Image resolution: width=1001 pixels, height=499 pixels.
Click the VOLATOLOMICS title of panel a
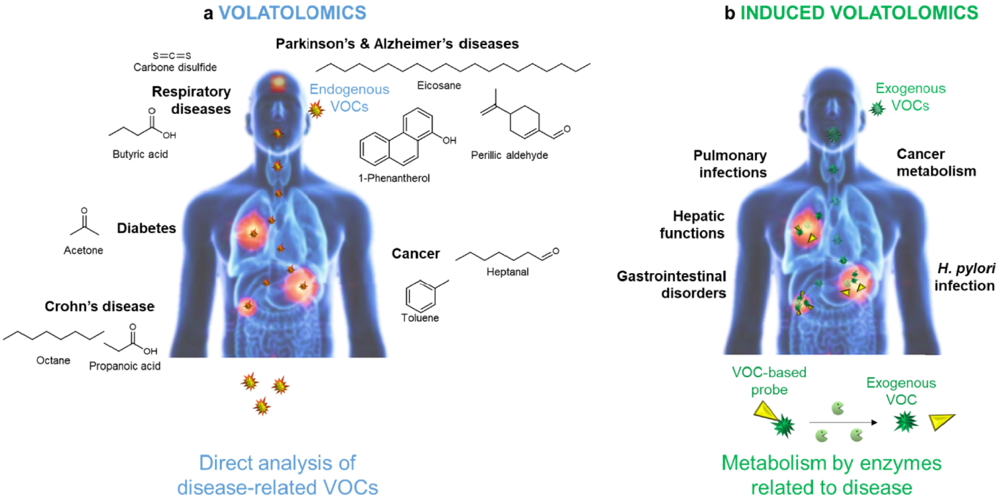(x=292, y=13)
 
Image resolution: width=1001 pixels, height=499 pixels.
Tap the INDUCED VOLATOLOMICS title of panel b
(x=859, y=13)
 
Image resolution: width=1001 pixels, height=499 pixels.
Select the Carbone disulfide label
(x=175, y=67)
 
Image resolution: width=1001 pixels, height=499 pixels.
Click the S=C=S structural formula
(x=172, y=55)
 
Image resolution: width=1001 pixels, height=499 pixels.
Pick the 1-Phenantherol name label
(x=394, y=178)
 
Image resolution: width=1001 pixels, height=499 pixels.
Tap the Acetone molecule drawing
(x=84, y=223)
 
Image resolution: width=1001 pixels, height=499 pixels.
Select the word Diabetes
(x=146, y=228)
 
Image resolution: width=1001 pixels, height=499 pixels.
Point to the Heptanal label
(x=507, y=272)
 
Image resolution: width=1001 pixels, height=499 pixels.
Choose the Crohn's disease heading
(x=99, y=306)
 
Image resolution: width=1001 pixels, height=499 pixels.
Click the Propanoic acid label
(x=125, y=366)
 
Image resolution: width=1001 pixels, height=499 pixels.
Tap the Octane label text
(x=53, y=360)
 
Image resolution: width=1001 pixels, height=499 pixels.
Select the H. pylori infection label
(x=964, y=277)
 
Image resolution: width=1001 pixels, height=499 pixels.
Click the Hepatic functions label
(x=692, y=224)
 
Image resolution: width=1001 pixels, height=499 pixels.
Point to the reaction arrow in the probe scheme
(x=843, y=422)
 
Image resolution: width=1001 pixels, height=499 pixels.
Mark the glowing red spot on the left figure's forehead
(x=277, y=83)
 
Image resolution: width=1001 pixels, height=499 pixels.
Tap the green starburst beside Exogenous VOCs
(x=877, y=108)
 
